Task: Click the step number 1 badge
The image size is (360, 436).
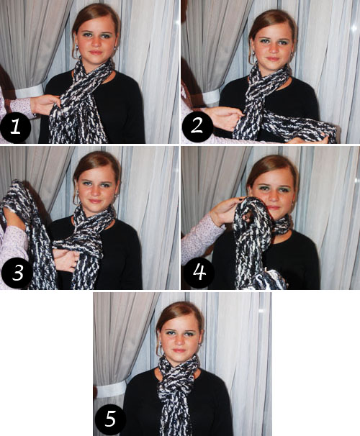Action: click(x=15, y=127)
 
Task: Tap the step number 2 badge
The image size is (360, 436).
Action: click(x=197, y=127)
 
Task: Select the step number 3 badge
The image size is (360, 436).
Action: click(x=17, y=273)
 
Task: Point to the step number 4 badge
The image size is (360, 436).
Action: click(x=199, y=273)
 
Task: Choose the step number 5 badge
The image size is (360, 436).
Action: click(x=110, y=419)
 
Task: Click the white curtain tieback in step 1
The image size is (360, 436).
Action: click(x=30, y=91)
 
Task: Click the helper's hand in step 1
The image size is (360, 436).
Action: click(x=46, y=105)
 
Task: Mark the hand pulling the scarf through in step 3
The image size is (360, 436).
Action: click(x=66, y=260)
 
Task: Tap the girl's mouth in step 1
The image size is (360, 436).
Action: click(x=96, y=53)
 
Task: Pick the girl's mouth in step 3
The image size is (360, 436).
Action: click(x=95, y=201)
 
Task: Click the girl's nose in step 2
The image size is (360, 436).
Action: click(x=273, y=50)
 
